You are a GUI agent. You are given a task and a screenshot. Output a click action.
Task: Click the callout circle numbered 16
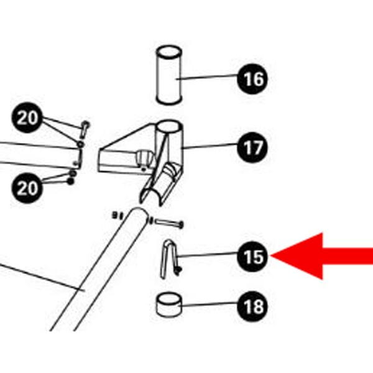click(x=252, y=80)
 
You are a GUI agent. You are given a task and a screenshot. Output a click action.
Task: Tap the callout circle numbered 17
click(x=252, y=149)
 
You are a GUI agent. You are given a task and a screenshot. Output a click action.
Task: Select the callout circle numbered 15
click(x=252, y=257)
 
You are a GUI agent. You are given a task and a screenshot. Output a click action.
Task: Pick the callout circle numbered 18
click(x=252, y=306)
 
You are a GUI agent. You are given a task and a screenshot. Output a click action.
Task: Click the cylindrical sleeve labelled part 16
click(x=168, y=75)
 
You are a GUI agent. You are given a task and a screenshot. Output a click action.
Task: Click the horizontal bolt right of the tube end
click(x=167, y=222)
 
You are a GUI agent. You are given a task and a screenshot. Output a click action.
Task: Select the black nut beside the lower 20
click(x=70, y=182)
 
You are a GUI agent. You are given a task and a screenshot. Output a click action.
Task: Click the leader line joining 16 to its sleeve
click(x=208, y=78)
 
